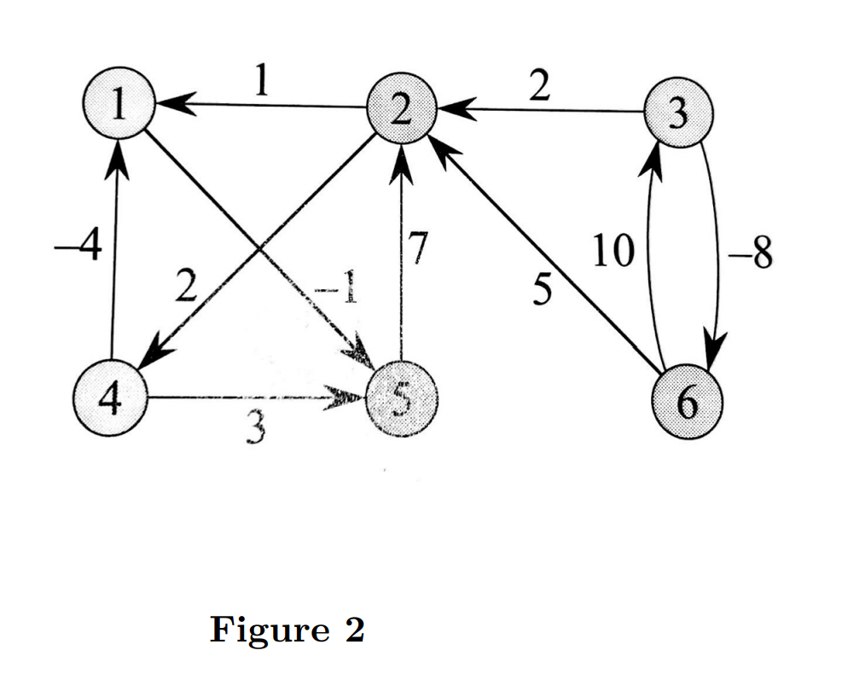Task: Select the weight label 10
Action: pos(612,252)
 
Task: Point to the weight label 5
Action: pos(541,291)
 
